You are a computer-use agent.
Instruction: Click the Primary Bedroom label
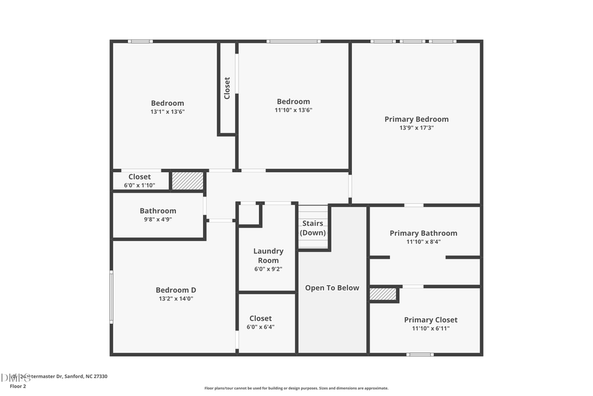pyautogui.click(x=416, y=119)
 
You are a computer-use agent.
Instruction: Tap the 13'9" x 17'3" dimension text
pyautogui.click(x=416, y=128)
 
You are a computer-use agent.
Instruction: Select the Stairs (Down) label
pyautogui.click(x=312, y=228)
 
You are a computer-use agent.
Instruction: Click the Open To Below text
pyautogui.click(x=332, y=288)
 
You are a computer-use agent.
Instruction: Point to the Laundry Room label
pyautogui.click(x=268, y=255)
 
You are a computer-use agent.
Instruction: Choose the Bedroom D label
pyautogui.click(x=176, y=290)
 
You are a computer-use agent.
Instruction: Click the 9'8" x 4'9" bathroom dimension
pyautogui.click(x=157, y=220)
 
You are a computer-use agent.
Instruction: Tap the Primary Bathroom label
pyautogui.click(x=423, y=233)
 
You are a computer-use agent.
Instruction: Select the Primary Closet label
pyautogui.click(x=430, y=320)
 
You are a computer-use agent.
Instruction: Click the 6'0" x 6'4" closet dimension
pyautogui.click(x=260, y=327)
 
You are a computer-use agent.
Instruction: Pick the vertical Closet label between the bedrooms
pyautogui.click(x=227, y=88)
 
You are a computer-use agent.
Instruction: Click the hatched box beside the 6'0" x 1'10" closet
pyautogui.click(x=188, y=180)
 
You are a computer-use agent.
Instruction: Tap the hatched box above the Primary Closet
pyautogui.click(x=383, y=294)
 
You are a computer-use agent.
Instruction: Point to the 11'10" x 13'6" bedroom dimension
pyautogui.click(x=293, y=110)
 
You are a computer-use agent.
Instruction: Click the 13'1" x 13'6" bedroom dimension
pyautogui.click(x=167, y=112)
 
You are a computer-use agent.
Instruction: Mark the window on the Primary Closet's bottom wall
pyautogui.click(x=420, y=354)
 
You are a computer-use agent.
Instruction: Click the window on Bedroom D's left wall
pyautogui.click(x=111, y=298)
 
